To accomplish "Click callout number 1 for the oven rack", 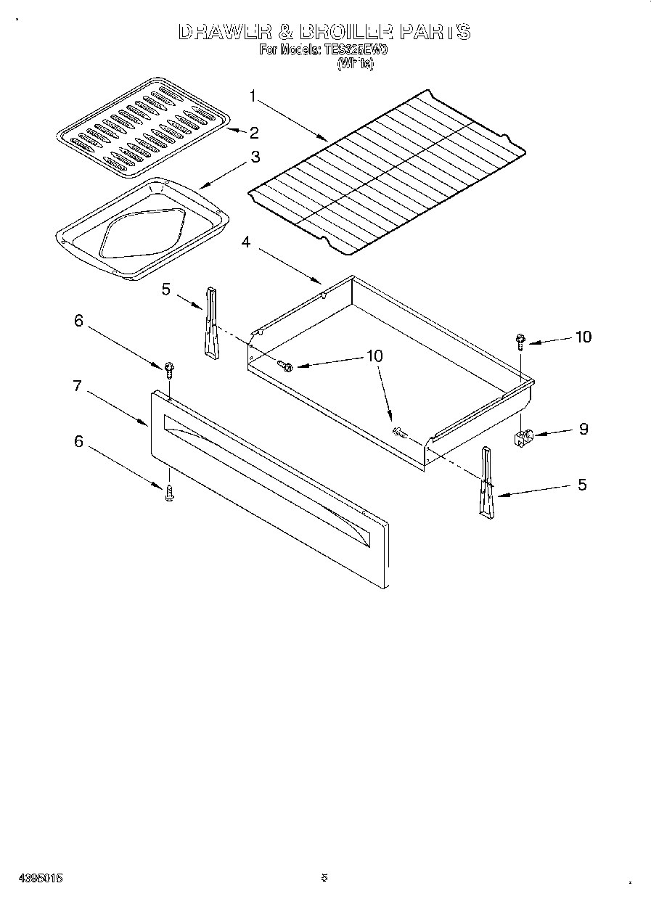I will [253, 95].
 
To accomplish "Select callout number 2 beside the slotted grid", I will [254, 132].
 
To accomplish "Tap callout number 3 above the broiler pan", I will [255, 156].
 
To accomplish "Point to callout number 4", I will [247, 242].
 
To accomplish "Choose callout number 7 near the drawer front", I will [76, 386].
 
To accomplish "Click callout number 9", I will [583, 429].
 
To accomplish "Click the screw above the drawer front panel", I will [168, 369].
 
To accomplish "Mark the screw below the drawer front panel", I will [168, 494].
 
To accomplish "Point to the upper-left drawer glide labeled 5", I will [211, 322].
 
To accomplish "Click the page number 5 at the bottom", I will [324, 877].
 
